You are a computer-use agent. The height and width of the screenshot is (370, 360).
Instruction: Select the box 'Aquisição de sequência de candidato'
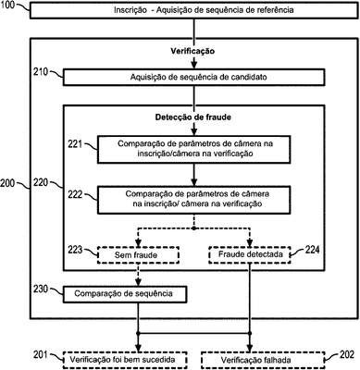(x=193, y=77)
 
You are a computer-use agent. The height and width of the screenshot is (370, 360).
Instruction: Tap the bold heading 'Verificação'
(x=192, y=51)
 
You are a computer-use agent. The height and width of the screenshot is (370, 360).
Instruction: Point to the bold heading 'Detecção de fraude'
(x=193, y=117)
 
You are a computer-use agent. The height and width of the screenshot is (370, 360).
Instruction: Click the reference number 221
(x=75, y=143)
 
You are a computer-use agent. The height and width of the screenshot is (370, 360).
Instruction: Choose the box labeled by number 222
(x=193, y=200)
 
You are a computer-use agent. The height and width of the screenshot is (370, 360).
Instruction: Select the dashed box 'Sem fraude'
(x=138, y=255)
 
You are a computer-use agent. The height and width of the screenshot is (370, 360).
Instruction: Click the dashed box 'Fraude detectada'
(x=250, y=254)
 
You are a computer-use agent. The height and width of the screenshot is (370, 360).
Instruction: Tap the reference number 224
(x=312, y=250)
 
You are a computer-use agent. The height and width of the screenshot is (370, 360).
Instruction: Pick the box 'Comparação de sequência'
(x=125, y=294)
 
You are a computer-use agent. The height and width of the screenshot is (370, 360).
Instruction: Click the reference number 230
(x=41, y=290)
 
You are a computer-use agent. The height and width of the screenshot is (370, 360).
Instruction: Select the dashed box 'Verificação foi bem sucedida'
(x=125, y=360)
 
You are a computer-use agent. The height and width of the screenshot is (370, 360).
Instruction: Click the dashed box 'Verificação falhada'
(x=263, y=360)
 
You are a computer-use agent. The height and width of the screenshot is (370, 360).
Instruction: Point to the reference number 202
(x=347, y=354)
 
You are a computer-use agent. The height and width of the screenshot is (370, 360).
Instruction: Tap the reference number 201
(x=41, y=354)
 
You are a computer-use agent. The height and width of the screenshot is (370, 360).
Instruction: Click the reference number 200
(x=7, y=183)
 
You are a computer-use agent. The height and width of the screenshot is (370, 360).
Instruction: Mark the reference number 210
(x=41, y=72)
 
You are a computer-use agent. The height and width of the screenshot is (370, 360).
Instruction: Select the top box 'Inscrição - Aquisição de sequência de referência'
(x=193, y=10)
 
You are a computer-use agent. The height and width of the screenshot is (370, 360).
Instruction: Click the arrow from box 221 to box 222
(x=193, y=174)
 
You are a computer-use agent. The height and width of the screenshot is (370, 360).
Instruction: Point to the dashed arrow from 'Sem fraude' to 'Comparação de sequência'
(x=138, y=275)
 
